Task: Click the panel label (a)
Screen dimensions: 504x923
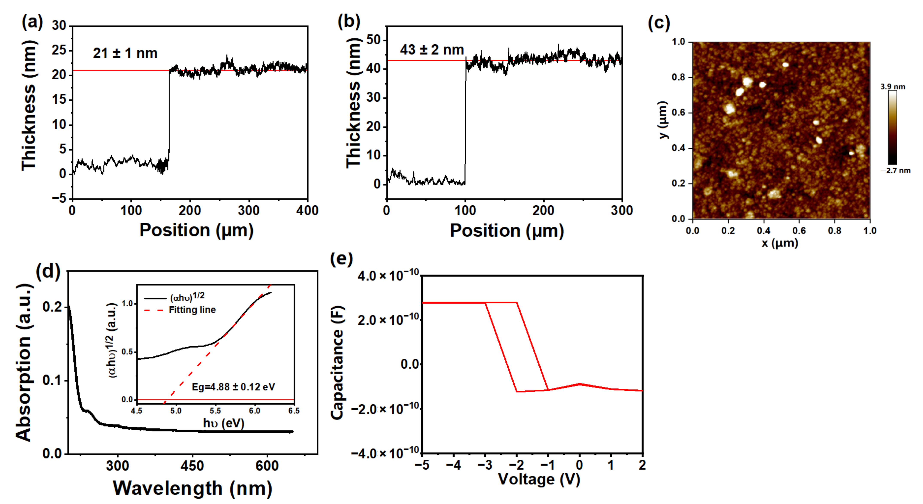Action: (x=32, y=22)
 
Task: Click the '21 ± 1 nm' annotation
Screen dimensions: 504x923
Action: (x=125, y=53)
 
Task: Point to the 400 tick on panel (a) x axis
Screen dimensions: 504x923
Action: (x=307, y=211)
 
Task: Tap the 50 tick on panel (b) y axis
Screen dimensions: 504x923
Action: (x=373, y=40)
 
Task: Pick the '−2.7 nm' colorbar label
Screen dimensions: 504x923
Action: (x=895, y=171)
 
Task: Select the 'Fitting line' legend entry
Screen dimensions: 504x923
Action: (x=192, y=310)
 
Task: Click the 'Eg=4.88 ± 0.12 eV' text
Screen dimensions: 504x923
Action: (x=233, y=387)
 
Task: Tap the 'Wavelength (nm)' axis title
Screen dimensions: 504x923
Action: (x=193, y=488)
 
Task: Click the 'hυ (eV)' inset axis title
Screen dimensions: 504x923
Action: (x=224, y=423)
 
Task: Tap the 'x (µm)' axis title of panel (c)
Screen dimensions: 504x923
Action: (x=780, y=243)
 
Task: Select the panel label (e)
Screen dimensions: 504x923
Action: (x=341, y=259)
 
